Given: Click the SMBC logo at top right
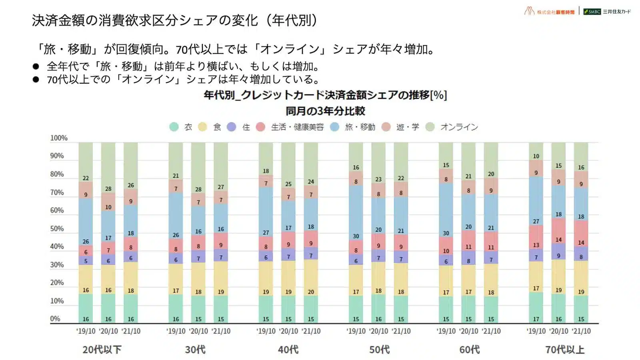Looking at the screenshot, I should [x=592, y=12].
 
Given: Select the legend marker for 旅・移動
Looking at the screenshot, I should [x=335, y=127].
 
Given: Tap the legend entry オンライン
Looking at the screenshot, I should [x=459, y=127].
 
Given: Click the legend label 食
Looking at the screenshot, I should [x=217, y=127].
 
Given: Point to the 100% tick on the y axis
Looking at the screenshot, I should [x=59, y=138].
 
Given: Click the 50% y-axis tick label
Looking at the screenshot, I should [x=57, y=229].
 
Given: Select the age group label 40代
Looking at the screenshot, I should [x=288, y=350].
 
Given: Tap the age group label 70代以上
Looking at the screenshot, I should [x=565, y=350].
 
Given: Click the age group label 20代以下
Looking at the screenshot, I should [x=102, y=350].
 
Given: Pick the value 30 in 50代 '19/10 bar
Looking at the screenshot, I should [x=356, y=236].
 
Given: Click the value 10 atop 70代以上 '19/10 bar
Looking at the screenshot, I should [x=536, y=156].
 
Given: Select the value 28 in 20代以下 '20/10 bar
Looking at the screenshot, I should [x=108, y=189].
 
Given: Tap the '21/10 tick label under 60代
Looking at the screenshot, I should [x=491, y=331].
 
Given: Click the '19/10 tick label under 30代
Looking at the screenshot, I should [x=176, y=331].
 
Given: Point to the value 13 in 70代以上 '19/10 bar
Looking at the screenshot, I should [x=536, y=245].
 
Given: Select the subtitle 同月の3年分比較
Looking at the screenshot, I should [x=325, y=111].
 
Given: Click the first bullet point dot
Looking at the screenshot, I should [x=36, y=66].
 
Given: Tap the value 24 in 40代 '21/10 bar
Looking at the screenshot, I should [x=311, y=182].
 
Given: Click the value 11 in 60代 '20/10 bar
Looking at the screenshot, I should [x=468, y=247].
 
